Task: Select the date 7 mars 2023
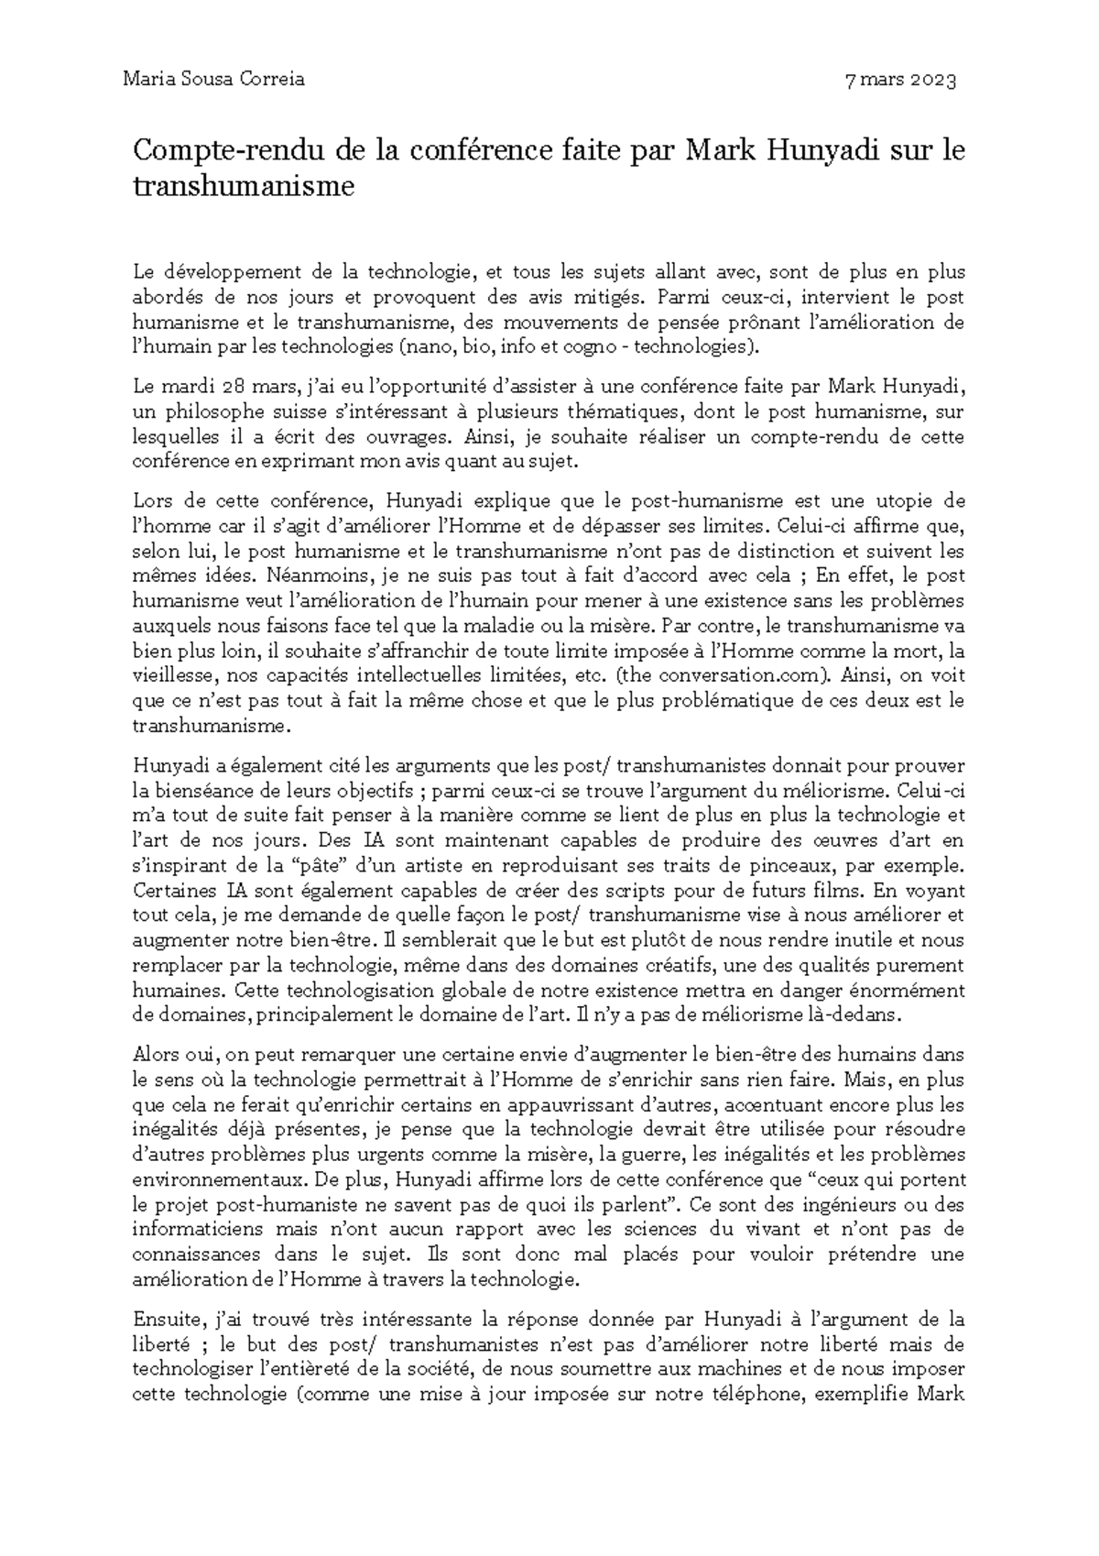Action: coord(901,81)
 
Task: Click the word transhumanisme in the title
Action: coord(243,186)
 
